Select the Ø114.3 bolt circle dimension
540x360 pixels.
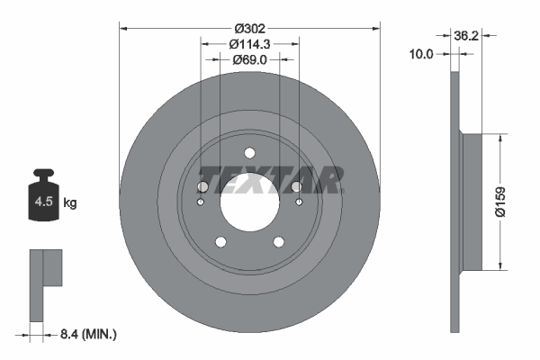(249, 42)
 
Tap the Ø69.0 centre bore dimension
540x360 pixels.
(249, 59)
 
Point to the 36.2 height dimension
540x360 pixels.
(491, 36)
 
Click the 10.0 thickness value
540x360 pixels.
(421, 54)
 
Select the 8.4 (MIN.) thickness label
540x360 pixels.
(87, 335)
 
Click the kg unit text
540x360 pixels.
(70, 203)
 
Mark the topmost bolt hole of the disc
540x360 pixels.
(250, 153)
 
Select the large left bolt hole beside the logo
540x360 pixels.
(203, 186)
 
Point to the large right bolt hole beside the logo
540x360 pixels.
(297, 186)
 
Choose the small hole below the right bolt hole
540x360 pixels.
(300, 202)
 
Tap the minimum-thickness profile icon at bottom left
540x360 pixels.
(44, 283)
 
